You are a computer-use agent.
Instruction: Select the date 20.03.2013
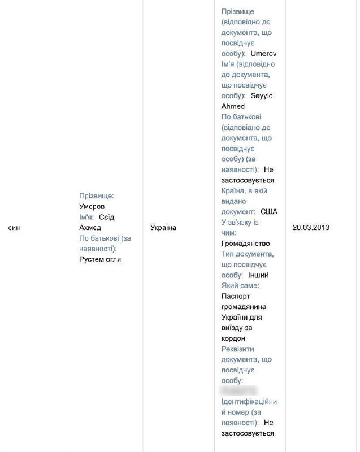tap(311, 228)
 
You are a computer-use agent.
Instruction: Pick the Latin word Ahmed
tap(232, 106)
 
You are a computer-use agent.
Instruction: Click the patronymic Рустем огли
tap(101, 259)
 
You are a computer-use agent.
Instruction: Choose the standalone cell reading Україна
tap(163, 228)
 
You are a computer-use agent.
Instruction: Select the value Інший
tap(258, 275)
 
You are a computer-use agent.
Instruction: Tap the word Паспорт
tap(235, 296)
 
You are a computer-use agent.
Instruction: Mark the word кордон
tap(234, 338)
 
